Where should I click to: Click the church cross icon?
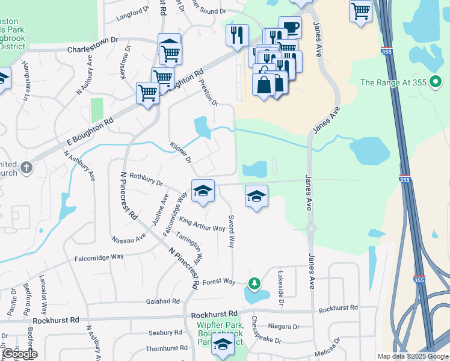26,167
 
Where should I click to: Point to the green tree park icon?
255,283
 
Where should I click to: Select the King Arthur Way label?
202,224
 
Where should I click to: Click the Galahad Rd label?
162,301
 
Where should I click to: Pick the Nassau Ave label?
129,238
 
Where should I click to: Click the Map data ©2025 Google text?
412,356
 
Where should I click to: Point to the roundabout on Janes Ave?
311,229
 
